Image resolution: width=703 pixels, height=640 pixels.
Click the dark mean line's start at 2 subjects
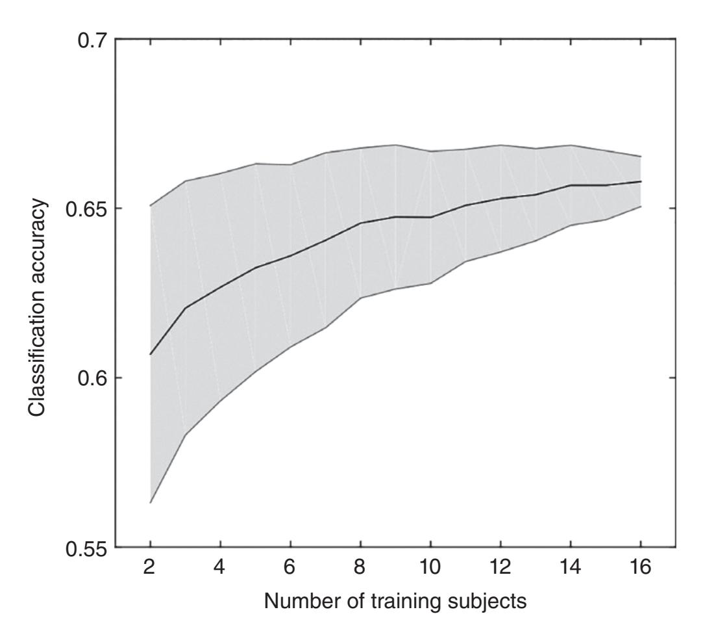(151, 354)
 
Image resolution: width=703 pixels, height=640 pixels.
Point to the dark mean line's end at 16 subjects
(641, 181)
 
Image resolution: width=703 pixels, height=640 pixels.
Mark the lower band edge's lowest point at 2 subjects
(151, 503)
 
